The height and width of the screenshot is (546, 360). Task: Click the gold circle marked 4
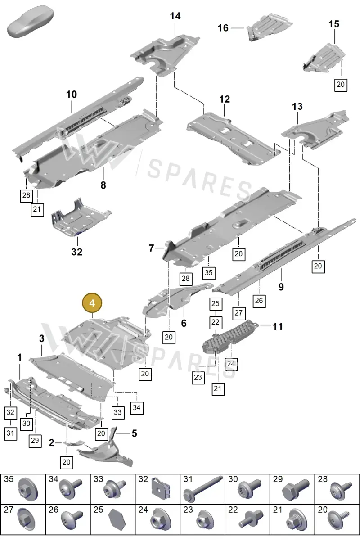point(92,303)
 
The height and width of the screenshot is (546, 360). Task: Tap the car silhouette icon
point(30,22)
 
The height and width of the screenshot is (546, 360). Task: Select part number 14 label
point(175,16)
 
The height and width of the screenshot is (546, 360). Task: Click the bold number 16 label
point(223,28)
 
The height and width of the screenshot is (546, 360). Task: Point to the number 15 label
point(334,24)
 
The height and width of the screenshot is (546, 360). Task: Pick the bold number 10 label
point(72,95)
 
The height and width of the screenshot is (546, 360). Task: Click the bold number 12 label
point(225,99)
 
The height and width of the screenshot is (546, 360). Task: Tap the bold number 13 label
point(297,106)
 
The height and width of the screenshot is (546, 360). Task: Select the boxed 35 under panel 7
point(209,272)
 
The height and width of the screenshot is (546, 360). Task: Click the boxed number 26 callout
point(259,301)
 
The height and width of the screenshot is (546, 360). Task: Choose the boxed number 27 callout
point(238,313)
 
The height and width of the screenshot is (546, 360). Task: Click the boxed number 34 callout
point(137,407)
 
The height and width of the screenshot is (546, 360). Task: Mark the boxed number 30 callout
point(26,424)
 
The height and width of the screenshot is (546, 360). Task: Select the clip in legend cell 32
point(161,488)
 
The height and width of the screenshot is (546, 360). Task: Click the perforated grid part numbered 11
point(229,336)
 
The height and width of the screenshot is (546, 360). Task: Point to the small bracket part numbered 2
point(74,443)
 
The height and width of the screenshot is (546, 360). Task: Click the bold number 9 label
point(281,287)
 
